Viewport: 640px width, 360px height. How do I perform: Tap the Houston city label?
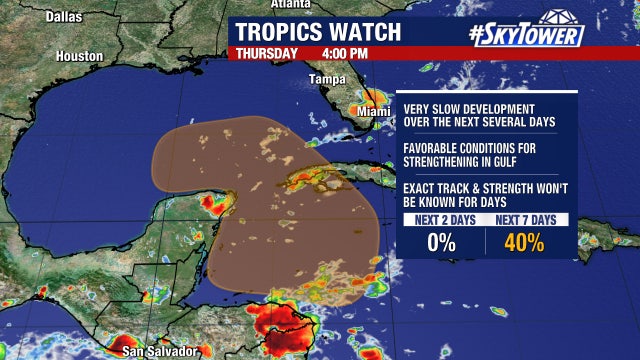pos(79,57)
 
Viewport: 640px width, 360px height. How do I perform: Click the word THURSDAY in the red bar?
pos(266,53)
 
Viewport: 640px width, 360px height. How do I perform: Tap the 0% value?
pos(441,241)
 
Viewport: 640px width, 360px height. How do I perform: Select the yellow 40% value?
pos(524,241)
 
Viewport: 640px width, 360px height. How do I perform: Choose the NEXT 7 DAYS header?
pos(526,219)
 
